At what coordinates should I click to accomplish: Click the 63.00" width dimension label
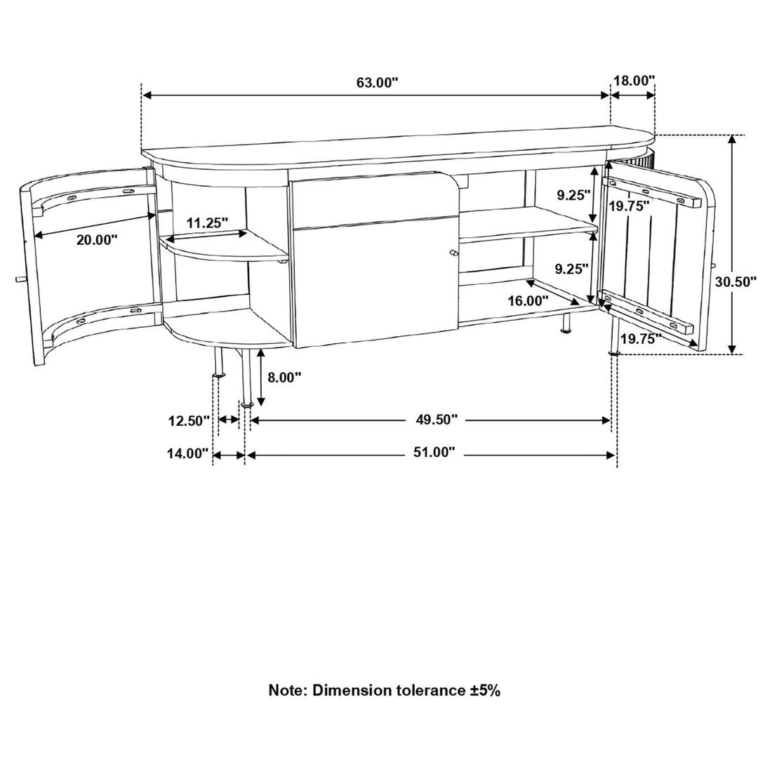377,83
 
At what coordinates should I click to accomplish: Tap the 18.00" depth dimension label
634,81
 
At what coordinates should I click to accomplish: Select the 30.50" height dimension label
736,282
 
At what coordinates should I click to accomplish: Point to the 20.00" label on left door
97,239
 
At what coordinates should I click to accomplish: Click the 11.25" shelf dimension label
208,223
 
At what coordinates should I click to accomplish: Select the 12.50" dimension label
189,421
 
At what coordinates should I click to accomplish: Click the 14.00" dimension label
188,453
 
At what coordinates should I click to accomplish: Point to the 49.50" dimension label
437,420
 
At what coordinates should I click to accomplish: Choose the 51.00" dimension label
434,453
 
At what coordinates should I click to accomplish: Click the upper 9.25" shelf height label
573,196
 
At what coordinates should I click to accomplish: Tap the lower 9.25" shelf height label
573,267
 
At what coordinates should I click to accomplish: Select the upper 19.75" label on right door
628,206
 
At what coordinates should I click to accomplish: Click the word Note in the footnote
287,691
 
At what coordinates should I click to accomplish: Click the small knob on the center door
453,253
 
